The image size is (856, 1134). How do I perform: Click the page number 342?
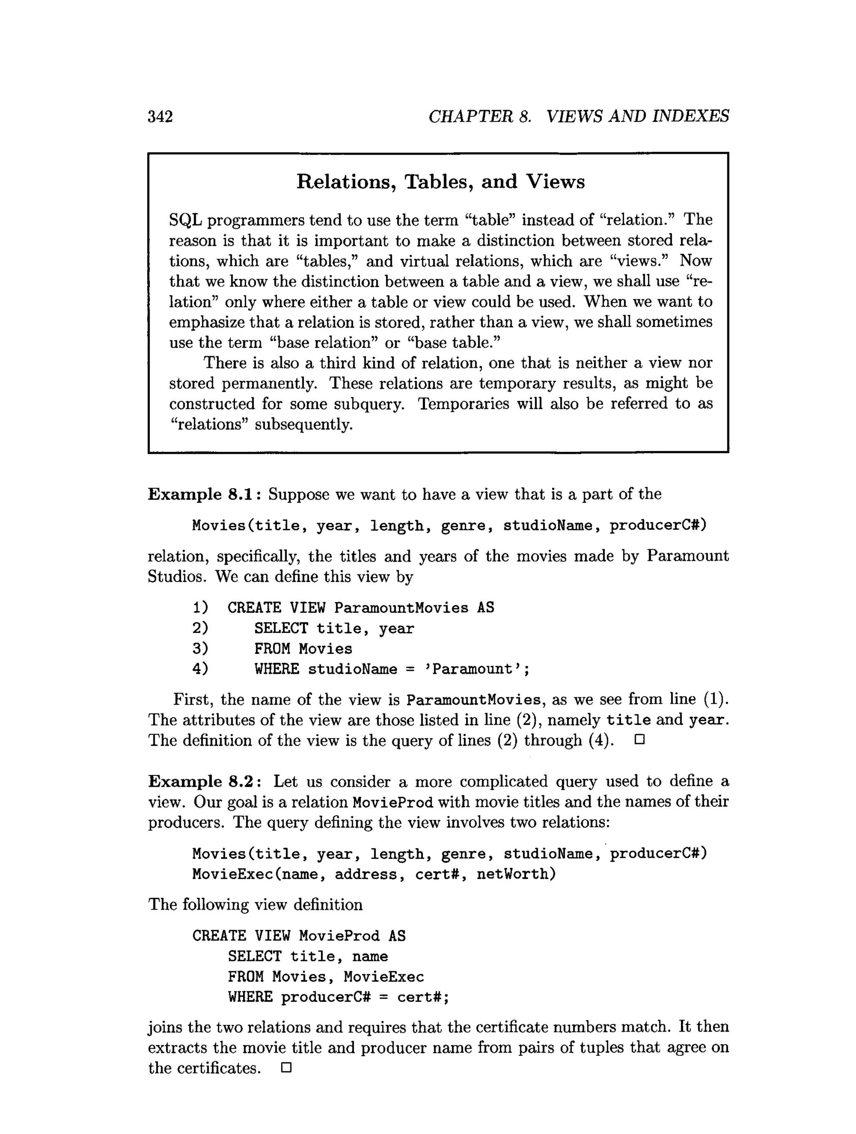[160, 117]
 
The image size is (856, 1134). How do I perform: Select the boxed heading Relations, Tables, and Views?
[440, 182]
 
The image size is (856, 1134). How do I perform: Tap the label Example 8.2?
[205, 781]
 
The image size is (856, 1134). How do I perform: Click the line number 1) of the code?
[201, 608]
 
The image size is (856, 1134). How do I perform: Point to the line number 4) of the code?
[201, 669]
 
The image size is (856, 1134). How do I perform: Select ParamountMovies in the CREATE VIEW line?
[401, 608]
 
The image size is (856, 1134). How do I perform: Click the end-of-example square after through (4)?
[639, 740]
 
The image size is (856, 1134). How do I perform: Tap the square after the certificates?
[286, 1068]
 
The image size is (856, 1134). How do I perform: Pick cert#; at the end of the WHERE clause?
[423, 997]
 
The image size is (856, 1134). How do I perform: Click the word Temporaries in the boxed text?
[464, 404]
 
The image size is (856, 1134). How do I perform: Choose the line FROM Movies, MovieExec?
[326, 976]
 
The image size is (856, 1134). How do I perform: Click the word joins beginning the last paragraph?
[165, 1027]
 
